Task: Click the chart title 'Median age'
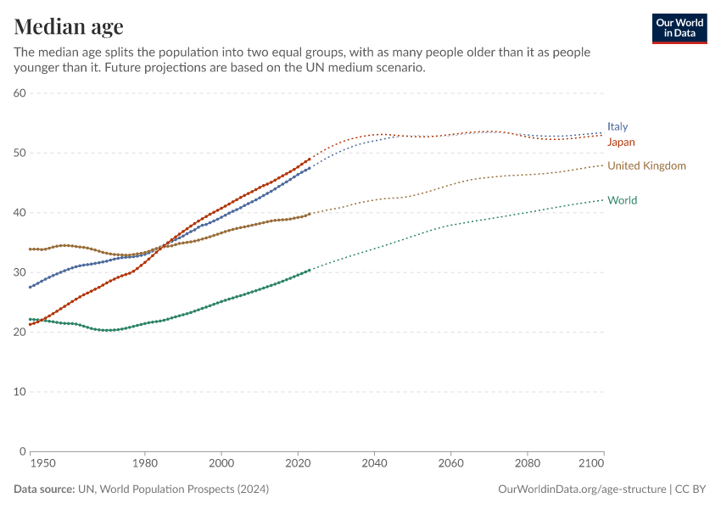69,26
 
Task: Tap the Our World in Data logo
679,28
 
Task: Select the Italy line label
618,126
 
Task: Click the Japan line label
621,142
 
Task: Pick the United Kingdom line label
646,165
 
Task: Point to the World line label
622,200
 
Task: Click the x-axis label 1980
144,464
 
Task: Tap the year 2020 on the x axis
298,464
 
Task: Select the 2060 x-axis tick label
450,464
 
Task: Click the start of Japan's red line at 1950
30,324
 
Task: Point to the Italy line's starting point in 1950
30,287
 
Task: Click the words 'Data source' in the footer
44,489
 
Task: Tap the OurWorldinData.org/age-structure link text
582,489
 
